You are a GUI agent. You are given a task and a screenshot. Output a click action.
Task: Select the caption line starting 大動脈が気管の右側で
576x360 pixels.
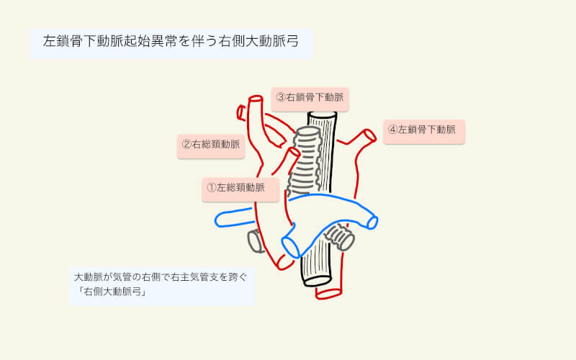click(160, 276)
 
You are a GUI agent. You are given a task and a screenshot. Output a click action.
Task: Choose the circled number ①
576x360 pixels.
click(212, 187)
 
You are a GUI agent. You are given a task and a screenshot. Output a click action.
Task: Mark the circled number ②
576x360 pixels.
click(186, 144)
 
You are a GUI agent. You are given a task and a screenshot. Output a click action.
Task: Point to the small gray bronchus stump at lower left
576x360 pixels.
click(254, 240)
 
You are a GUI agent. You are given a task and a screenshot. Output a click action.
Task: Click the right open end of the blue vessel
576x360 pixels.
click(372, 221)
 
